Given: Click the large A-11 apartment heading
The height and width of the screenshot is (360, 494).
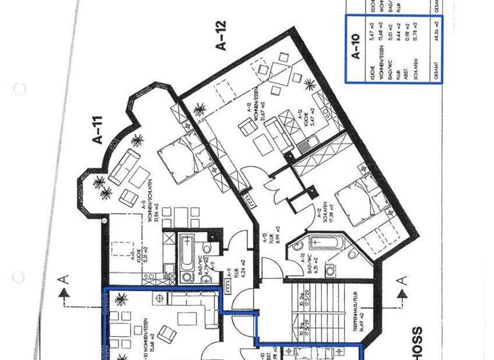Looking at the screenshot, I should pyautogui.click(x=98, y=128).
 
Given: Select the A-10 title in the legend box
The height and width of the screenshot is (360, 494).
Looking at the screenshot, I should pyautogui.click(x=355, y=50).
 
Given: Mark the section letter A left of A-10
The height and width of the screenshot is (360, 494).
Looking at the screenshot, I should pyautogui.click(x=63, y=281).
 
